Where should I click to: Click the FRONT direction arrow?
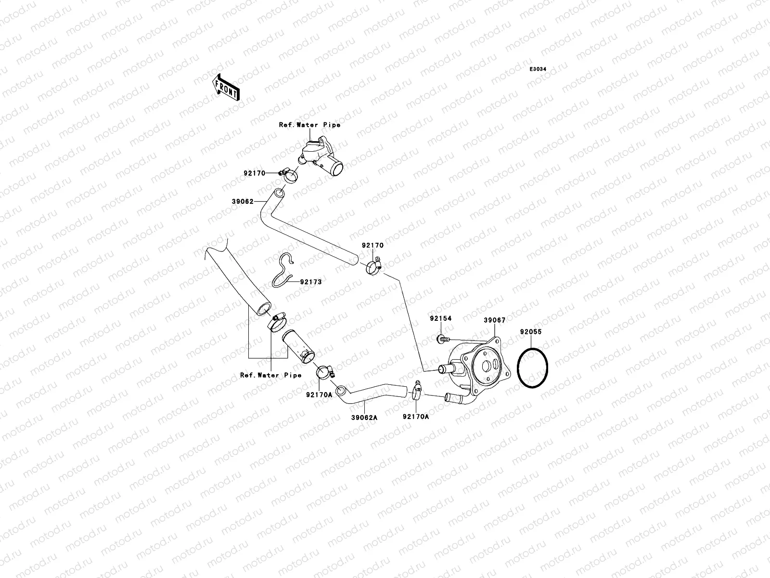pos(226,87)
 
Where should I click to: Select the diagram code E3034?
pos(538,69)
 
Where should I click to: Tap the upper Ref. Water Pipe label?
pos(310,125)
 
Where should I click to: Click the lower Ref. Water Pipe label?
pos(271,375)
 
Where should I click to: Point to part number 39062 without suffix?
pos(243,201)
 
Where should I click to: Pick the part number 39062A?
pos(364,418)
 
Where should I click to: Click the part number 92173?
pos(311,282)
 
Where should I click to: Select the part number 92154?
pos(441,318)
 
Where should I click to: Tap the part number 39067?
pos(495,320)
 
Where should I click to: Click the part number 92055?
pos(531,332)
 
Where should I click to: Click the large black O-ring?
pos(533,368)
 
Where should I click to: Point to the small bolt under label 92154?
pos(443,339)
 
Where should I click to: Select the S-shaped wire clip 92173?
pos(283,271)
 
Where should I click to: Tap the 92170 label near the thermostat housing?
pos(255,173)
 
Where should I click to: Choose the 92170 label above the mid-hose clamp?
pos(373,245)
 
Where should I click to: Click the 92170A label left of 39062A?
pos(319,395)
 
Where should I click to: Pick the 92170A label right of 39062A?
pos(416,417)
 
